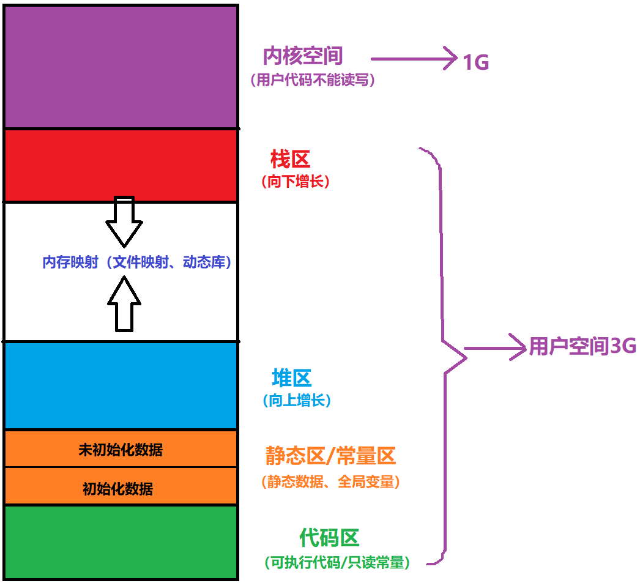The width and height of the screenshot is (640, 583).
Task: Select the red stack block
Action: tap(121, 165)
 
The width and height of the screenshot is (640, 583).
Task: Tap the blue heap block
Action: tap(121, 385)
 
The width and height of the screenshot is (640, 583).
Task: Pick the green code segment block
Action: tap(121, 542)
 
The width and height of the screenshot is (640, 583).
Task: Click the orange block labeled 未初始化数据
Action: tap(121, 450)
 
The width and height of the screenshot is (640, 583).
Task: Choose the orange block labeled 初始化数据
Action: tap(118, 488)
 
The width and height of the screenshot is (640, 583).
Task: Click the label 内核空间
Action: tap(302, 56)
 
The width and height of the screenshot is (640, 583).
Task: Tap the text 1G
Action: tap(475, 62)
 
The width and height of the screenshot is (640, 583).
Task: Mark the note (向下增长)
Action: tap(295, 182)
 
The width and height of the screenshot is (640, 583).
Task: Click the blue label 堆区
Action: tap(292, 378)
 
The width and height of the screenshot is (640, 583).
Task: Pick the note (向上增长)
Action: tap(296, 401)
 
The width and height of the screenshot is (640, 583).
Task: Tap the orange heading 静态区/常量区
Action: tap(330, 456)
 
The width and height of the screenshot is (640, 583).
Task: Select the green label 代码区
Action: tap(329, 538)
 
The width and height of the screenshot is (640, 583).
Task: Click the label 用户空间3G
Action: tap(582, 347)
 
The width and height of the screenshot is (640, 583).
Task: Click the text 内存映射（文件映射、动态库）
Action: tap(137, 262)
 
